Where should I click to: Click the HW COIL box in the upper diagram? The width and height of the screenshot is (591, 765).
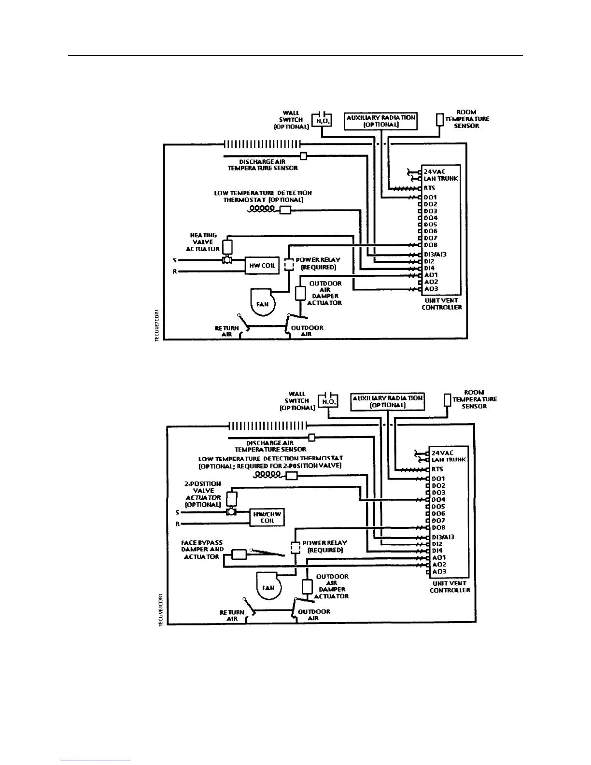pos(262,266)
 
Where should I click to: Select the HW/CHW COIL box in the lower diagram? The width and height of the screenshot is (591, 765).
pos(267,517)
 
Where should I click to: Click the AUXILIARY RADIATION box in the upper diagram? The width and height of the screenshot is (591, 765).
pos(380,121)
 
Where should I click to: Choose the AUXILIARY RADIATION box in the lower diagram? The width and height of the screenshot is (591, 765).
pos(387,401)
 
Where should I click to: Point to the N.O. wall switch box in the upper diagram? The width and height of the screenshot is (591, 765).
pos(322,120)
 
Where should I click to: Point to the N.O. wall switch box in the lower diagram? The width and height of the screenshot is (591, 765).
pos(328,401)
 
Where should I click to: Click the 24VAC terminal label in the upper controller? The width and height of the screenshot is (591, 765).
pos(434,171)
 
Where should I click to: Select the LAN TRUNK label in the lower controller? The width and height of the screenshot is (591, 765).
pos(449,460)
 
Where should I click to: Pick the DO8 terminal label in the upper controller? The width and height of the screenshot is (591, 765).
pos(430,245)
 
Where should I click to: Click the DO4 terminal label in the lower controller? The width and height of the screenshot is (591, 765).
pos(438,500)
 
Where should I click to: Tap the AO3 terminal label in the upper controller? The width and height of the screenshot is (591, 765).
pos(431,289)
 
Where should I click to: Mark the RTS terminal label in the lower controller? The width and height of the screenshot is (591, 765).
pos(437,469)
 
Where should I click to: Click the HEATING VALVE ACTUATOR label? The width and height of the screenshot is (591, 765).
pos(203,242)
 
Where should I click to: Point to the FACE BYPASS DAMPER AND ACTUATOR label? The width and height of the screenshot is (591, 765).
pos(202,550)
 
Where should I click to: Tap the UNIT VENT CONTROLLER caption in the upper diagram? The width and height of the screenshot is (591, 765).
pos(441,304)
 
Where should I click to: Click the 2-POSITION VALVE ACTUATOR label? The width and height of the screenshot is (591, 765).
pos(203,494)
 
